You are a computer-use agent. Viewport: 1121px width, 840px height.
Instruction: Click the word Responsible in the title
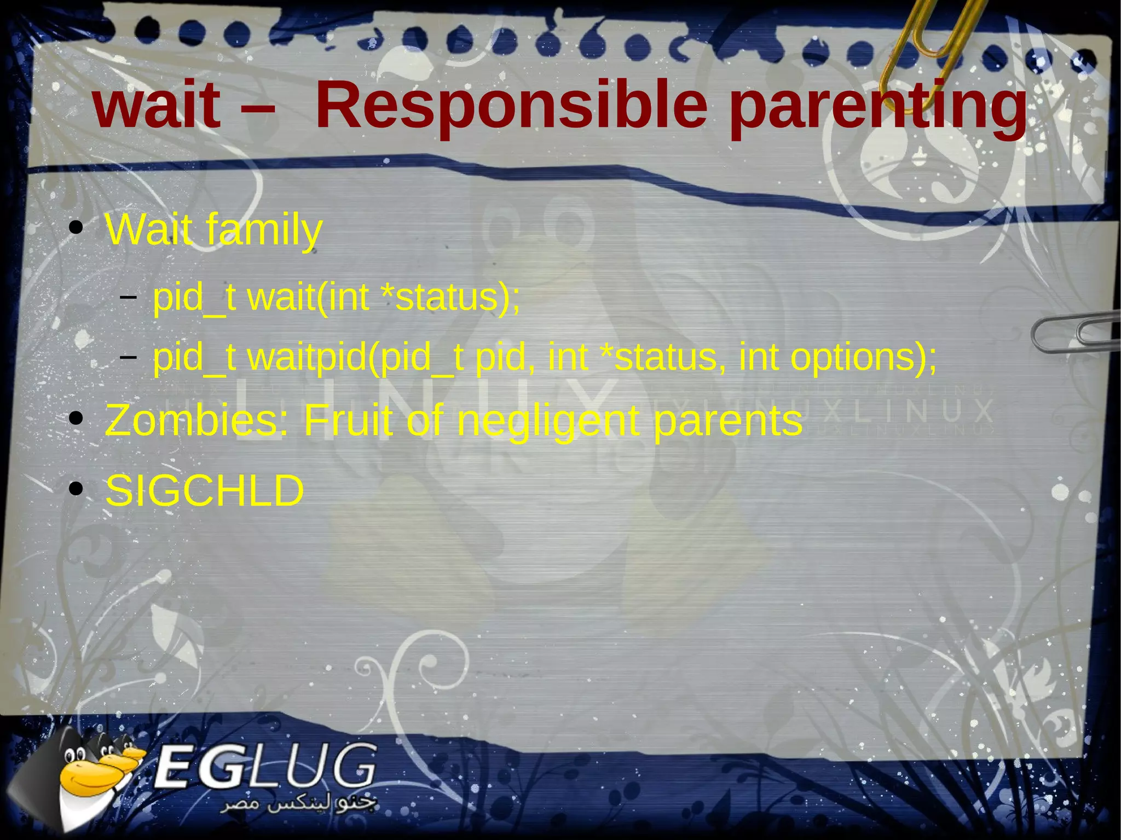(511, 105)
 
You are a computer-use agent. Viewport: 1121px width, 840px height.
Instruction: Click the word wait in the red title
(157, 105)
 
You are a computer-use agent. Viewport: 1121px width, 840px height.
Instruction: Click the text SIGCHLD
(204, 490)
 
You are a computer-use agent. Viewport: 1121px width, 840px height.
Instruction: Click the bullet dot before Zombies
(77, 419)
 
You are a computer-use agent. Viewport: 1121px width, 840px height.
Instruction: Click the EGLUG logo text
(265, 766)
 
